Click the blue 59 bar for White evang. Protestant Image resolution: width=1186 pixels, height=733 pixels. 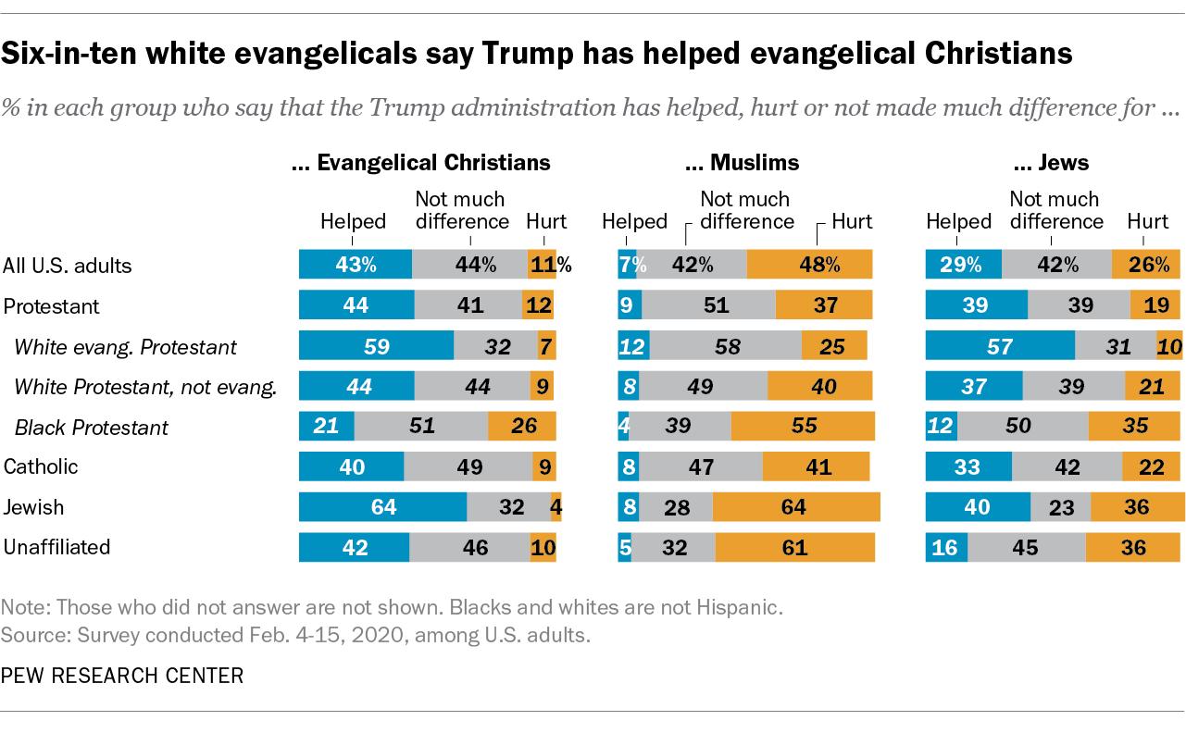pos(376,346)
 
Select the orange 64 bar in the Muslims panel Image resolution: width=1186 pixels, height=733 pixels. pos(795,507)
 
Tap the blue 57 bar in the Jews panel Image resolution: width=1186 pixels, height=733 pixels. pos(1001,346)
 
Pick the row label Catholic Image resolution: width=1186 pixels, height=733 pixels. pos(41,466)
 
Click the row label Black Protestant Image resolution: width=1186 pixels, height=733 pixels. pos(91,427)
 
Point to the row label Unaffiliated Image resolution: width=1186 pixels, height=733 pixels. pos(56,547)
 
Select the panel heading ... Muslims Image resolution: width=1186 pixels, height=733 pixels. pos(742,163)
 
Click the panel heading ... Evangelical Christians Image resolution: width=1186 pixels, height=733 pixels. pos(420,163)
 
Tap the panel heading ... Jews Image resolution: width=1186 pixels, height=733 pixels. pos(1050,163)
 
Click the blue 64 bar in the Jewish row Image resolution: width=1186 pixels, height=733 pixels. pos(382,507)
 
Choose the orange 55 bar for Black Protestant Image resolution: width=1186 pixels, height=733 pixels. pos(802,427)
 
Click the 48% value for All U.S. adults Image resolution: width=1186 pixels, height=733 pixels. pos(809,266)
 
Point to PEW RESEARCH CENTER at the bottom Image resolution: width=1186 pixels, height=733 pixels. pos(123,676)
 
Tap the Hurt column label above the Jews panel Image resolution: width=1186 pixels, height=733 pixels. pos(1147,221)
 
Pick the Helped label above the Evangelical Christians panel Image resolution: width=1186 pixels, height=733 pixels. pos(353,221)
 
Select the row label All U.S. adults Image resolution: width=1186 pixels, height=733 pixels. pos(68,266)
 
